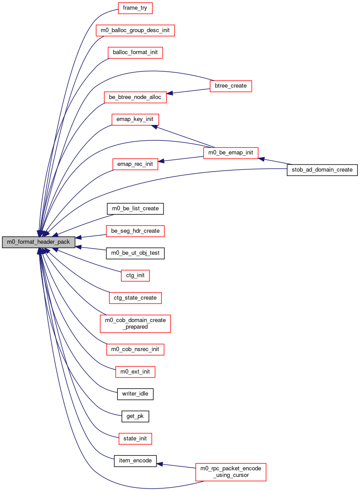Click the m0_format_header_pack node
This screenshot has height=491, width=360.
coord(39,242)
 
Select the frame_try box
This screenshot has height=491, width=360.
coord(135,8)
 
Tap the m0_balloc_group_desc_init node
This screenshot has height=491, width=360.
coord(135,30)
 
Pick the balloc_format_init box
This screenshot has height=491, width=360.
coord(135,52)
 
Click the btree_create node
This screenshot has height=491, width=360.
coord(231,86)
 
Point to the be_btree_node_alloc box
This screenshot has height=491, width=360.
coord(135,97)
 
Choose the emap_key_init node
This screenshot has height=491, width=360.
coord(135,119)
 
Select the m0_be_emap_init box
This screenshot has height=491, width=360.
coord(231,153)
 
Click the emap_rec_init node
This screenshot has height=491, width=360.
coord(135,164)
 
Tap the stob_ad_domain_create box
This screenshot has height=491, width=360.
coord(322,170)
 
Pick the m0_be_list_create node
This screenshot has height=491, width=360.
coord(135,209)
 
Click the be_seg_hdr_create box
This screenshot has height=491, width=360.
coord(135,231)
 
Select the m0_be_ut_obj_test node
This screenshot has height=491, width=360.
coord(135,253)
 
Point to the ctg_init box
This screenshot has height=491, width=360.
coord(135,275)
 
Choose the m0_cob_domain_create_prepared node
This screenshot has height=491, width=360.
coord(135,323)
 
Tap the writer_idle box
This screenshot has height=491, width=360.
coord(135,394)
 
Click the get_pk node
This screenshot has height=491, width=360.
coord(135,416)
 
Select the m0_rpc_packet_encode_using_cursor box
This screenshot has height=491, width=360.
coord(231,472)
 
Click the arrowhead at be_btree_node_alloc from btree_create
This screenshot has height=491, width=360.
coord(169,93)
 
